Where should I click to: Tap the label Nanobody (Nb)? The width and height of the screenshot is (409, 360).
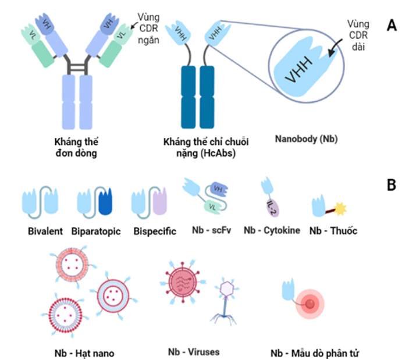tap(306, 139)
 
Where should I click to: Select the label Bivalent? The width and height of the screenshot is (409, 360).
tap(44, 231)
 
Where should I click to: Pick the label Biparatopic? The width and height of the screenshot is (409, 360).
tap(97, 231)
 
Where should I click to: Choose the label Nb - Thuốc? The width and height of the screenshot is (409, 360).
tap(333, 230)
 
